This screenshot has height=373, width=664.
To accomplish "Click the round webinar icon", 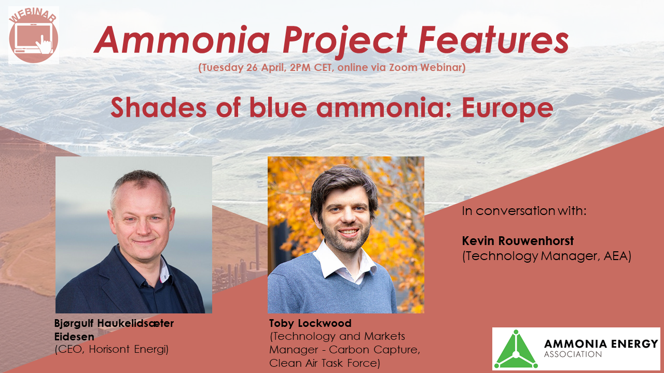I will coord(33,35).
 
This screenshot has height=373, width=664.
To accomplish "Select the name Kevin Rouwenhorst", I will coord(518,241).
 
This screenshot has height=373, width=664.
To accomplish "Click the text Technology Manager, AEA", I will coord(546,256).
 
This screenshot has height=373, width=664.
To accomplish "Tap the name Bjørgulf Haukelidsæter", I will coord(114,323).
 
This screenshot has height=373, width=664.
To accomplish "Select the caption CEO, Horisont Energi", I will coord(112,349).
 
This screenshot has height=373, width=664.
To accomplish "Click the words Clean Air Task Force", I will coord(324,363).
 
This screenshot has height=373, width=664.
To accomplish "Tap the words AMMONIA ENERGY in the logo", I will coord(601,343).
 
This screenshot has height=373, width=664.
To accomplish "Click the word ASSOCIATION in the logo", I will coord(573,354).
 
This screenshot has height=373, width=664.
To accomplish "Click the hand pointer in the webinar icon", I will coord(47,45).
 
